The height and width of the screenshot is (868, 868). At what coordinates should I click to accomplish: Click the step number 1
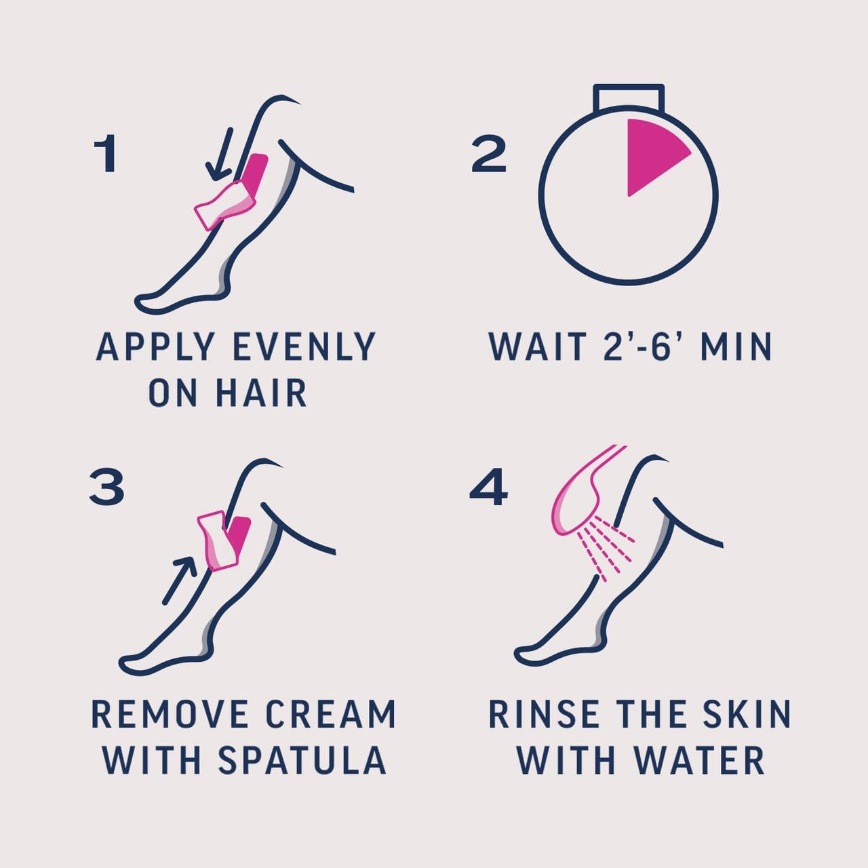(106, 154)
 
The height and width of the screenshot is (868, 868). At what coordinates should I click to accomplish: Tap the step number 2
(489, 154)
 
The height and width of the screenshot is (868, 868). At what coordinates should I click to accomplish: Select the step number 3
(106, 488)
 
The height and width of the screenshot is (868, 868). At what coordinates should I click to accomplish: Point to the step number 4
(488, 488)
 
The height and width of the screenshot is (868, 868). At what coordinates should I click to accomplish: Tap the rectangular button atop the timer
(628, 96)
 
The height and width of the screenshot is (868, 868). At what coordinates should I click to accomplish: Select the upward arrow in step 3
(179, 580)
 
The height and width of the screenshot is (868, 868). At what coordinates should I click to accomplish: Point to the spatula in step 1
(224, 203)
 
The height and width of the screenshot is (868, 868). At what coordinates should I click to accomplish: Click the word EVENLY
(304, 347)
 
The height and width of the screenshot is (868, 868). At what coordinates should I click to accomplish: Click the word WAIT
(538, 347)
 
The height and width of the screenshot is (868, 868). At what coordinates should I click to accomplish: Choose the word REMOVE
(170, 714)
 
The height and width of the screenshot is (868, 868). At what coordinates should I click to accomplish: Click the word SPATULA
(302, 759)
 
